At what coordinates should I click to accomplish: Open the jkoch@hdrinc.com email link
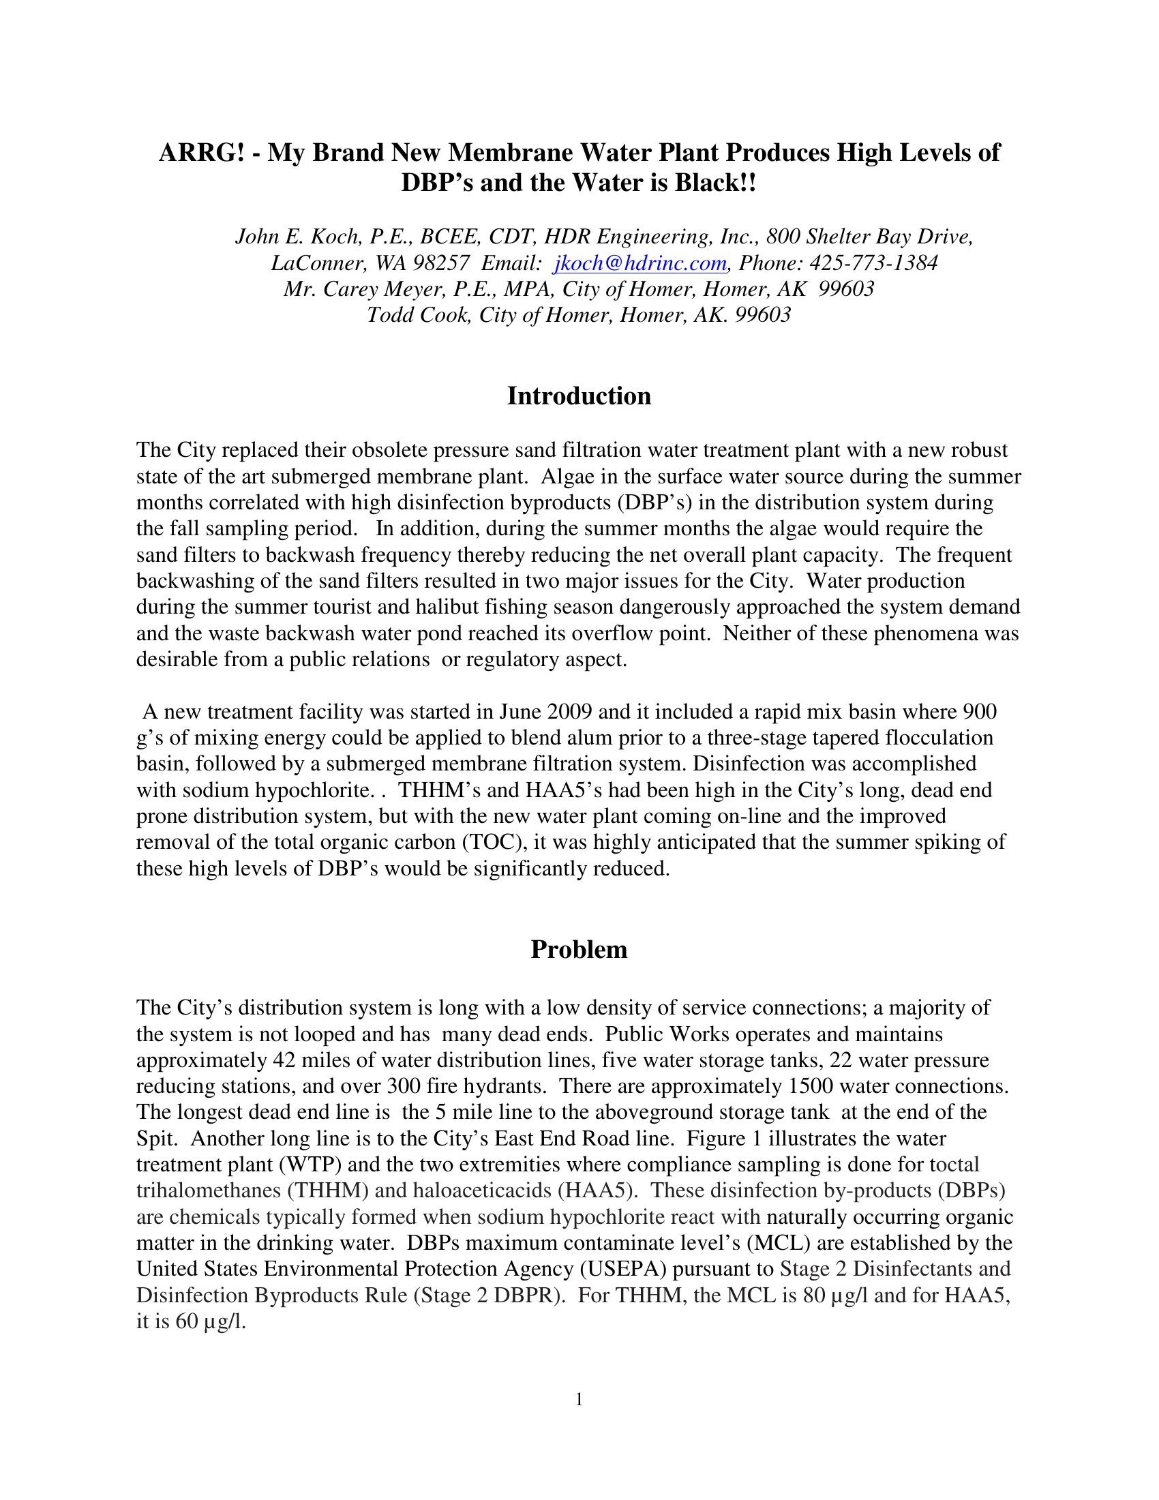[639, 263]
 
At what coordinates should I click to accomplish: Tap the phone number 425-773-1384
[873, 263]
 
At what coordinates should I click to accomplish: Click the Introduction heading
[579, 396]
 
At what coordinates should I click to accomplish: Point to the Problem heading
[579, 950]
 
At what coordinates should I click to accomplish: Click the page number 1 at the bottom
[579, 1399]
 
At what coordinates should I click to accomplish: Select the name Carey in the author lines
[351, 289]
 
